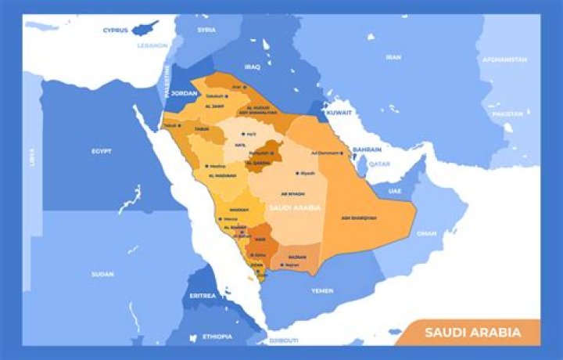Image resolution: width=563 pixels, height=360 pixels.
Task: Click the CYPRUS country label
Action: click(115, 31)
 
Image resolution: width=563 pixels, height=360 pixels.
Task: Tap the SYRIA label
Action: click(206, 30)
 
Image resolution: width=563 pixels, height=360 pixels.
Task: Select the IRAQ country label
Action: click(252, 67)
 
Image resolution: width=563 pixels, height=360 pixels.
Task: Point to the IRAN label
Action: click(393, 57)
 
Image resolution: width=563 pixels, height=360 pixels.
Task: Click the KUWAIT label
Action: click(339, 113)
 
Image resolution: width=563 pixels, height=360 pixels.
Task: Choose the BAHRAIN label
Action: click(366, 149)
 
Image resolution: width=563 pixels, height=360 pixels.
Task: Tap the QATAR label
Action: click(379, 164)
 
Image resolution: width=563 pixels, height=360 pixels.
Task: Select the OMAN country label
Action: click(426, 233)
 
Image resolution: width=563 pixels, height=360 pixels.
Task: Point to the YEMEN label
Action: click(322, 290)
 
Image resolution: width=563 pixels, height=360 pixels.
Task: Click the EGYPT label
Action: click(102, 151)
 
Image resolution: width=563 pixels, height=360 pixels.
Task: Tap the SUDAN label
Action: click(102, 274)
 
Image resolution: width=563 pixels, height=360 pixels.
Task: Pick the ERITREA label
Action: click(203, 297)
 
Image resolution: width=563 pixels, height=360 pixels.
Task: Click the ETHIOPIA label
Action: click(217, 337)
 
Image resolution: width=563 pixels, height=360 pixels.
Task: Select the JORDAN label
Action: click(185, 92)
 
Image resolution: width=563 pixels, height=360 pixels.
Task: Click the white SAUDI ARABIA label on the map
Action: click(295, 208)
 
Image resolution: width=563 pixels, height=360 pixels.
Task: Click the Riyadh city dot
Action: click(297, 173)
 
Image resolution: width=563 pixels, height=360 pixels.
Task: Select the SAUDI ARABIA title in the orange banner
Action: click(472, 333)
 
